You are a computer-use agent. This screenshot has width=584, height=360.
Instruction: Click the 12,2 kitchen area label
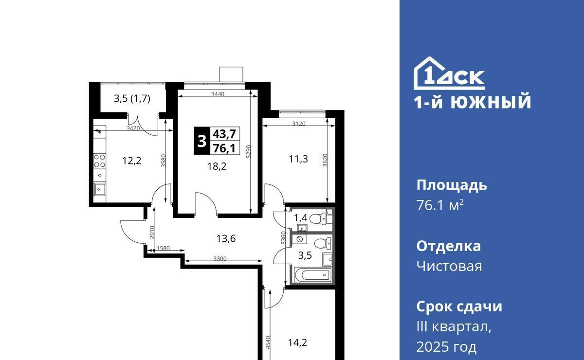pos(132,161)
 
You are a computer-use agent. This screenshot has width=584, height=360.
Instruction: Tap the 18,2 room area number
pos(217,166)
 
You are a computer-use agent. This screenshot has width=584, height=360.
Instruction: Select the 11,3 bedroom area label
pos(298,159)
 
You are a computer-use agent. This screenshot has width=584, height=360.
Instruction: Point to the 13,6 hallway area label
pos(226,238)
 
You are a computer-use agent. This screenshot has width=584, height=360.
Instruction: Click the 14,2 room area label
pos(297,342)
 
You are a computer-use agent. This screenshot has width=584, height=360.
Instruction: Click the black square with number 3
pos(202,141)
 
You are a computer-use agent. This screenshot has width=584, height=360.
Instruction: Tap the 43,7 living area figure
pos(224,134)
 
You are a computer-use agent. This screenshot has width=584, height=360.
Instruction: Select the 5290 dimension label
pos(249,151)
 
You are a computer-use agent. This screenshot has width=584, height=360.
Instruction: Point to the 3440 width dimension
pos(218,94)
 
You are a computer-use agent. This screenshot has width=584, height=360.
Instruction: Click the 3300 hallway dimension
pos(220,259)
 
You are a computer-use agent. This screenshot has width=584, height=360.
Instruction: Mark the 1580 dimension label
pos(163,248)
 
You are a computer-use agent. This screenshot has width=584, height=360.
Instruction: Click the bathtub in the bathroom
pos(312,275)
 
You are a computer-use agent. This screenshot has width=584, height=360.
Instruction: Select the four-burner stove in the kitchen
pos(100,161)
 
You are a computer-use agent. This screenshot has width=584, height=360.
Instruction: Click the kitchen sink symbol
pos(99,189)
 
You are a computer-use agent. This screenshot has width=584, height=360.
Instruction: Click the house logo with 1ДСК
pos(449,73)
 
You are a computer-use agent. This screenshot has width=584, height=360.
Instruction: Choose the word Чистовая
pos(449,267)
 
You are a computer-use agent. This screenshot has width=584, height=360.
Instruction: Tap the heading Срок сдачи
pos(459,306)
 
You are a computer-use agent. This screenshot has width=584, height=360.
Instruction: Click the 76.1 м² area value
pos(440,205)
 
